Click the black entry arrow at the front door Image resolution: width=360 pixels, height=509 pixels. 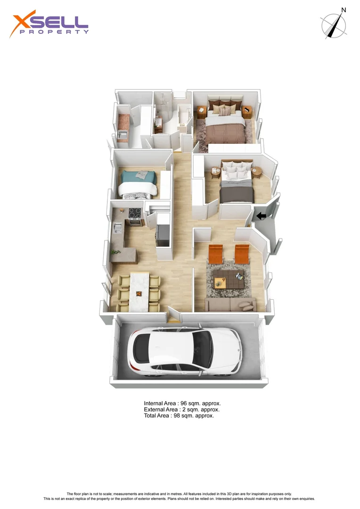coord(260,216)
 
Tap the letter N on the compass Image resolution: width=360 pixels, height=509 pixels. coord(344,10)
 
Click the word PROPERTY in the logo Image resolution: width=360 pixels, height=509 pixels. coord(54,32)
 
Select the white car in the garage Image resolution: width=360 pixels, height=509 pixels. coord(188,351)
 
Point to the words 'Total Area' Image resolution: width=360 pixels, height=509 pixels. coord(157,416)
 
